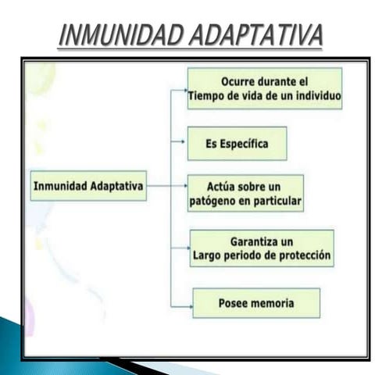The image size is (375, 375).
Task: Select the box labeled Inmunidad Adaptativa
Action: click(88, 186)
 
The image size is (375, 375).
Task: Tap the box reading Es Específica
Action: click(237, 144)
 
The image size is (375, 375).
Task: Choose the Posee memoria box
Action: click(255, 302)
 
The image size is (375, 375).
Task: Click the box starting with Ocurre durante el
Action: click(264, 88)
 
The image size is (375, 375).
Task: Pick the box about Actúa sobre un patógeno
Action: click(245, 193)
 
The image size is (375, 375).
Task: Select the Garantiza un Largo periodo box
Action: click(262, 248)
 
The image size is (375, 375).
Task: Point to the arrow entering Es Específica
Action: click(180, 144)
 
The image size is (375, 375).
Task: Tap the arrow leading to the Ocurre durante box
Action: click(180, 90)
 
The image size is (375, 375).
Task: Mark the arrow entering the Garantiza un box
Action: click(183, 248)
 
